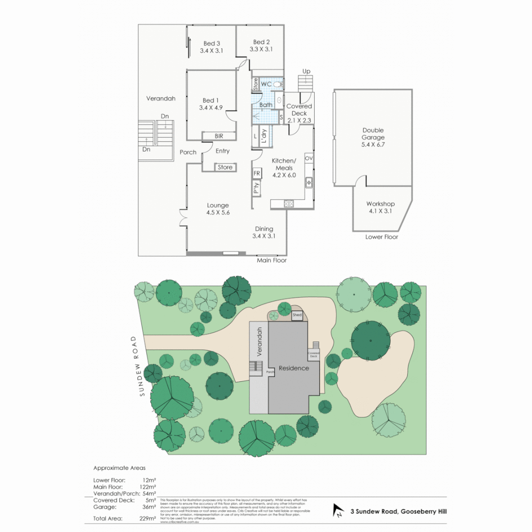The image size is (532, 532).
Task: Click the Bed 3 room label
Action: [211, 43]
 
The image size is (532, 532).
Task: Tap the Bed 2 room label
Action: [261, 42]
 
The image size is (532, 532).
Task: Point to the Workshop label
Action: [380, 204]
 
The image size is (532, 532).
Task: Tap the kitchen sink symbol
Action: [309, 182]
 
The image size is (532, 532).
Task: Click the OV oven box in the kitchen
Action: [309, 159]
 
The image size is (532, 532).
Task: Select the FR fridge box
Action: [257, 173]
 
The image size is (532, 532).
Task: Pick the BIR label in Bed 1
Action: [219, 136]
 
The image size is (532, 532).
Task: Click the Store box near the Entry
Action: [225, 167]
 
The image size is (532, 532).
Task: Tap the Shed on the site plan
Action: [297, 314]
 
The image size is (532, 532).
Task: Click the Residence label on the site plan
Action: [294, 368]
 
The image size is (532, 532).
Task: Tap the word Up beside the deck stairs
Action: [306, 71]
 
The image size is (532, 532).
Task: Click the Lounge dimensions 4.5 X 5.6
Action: [218, 213]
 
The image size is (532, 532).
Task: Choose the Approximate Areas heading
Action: [119, 468]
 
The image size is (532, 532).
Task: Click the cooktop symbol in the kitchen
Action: [289, 202]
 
